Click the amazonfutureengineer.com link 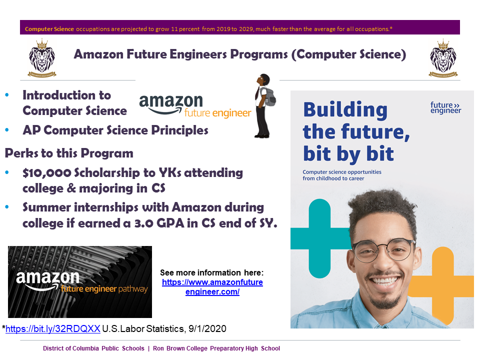(x=212, y=287)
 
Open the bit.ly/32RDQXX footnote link (x=52, y=328)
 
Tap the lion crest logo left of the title (x=42, y=58)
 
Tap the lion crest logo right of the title (x=443, y=58)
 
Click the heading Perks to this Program (x=69, y=152)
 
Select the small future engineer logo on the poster (x=445, y=107)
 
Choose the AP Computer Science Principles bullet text (x=115, y=130)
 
